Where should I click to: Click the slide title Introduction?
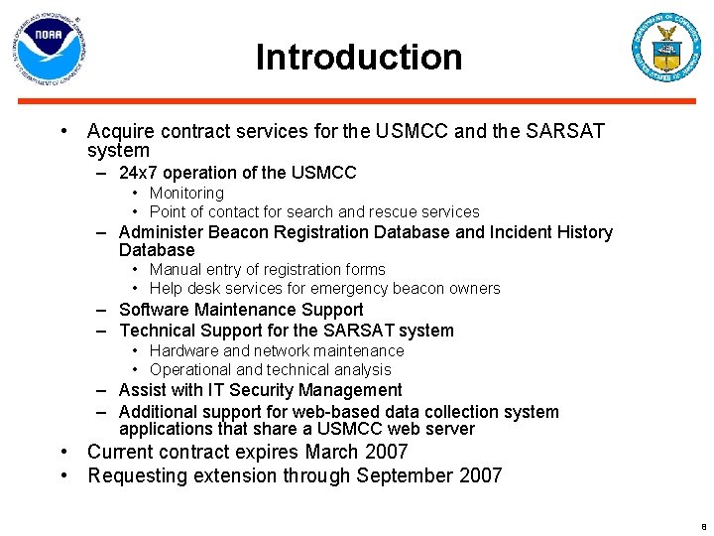(358, 57)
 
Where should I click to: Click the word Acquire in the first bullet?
(119, 131)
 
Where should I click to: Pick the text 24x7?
(139, 173)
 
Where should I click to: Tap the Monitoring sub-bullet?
(186, 193)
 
